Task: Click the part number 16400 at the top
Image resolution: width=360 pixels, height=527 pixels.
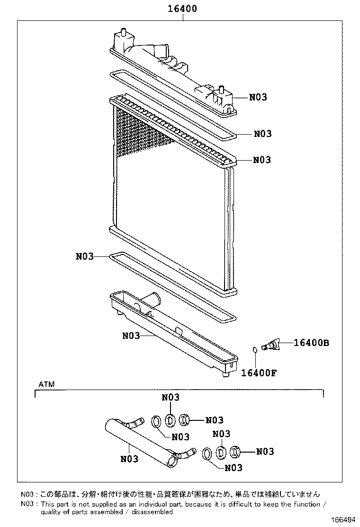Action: point(182,9)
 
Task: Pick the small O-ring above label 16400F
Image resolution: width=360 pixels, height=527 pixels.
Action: point(255,350)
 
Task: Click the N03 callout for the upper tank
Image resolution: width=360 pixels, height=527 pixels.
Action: point(258,97)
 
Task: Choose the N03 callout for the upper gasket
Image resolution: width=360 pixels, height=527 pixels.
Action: point(262,134)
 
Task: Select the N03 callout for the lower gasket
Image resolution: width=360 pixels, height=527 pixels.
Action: point(85,256)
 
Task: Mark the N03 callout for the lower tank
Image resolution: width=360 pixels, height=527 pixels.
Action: point(131,336)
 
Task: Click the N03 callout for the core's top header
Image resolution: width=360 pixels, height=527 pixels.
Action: point(262,160)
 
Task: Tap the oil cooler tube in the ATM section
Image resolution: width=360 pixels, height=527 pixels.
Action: point(140,439)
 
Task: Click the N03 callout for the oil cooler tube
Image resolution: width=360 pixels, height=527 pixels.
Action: point(129,459)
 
